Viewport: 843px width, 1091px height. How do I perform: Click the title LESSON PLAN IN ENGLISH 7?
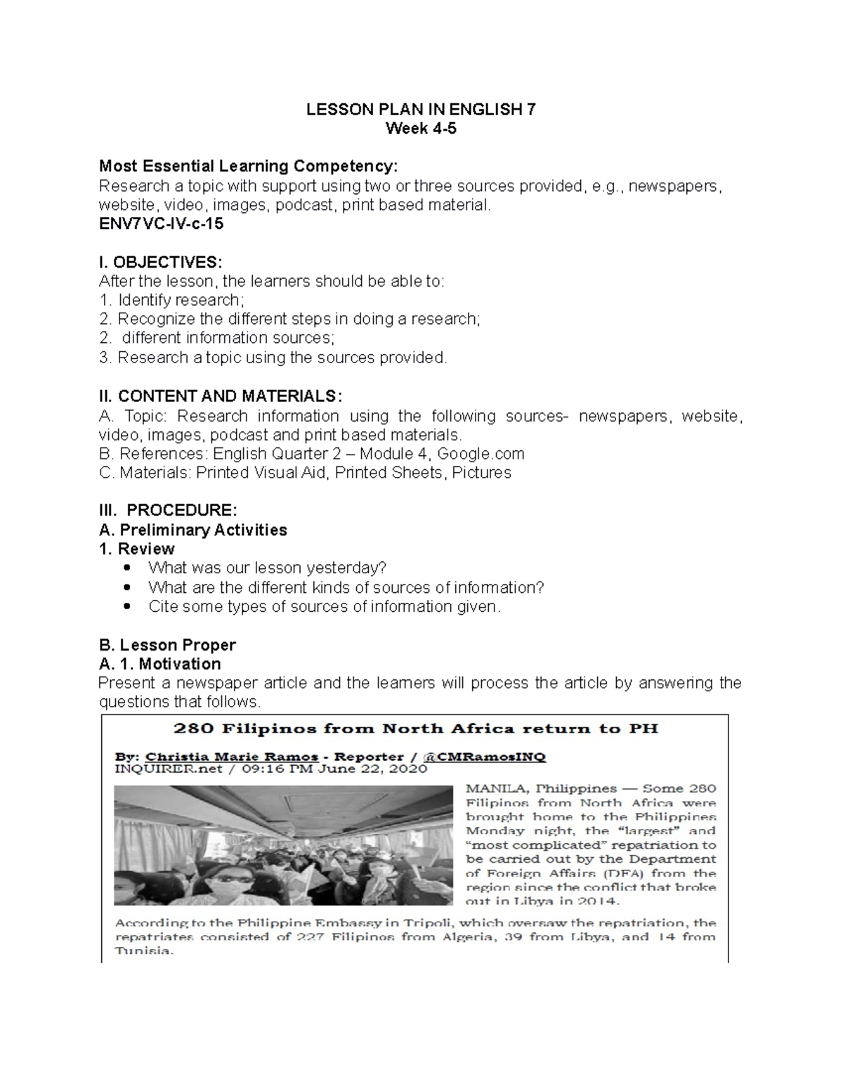click(x=421, y=110)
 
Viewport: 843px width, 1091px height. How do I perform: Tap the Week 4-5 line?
click(x=421, y=129)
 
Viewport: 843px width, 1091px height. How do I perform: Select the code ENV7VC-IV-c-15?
click(x=161, y=223)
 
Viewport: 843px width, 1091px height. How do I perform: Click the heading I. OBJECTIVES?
click(x=160, y=262)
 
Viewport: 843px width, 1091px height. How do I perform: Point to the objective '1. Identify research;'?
click(x=172, y=300)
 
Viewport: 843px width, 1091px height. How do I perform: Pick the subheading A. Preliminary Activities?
click(x=193, y=530)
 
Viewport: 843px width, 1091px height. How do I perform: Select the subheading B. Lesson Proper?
click(x=167, y=645)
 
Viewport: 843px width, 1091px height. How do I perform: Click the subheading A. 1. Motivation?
click(x=160, y=664)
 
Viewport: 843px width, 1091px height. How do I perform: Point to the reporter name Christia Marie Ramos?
click(x=231, y=757)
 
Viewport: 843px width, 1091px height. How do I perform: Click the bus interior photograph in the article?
click(x=284, y=845)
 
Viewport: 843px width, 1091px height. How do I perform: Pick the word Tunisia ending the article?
click(x=143, y=951)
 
